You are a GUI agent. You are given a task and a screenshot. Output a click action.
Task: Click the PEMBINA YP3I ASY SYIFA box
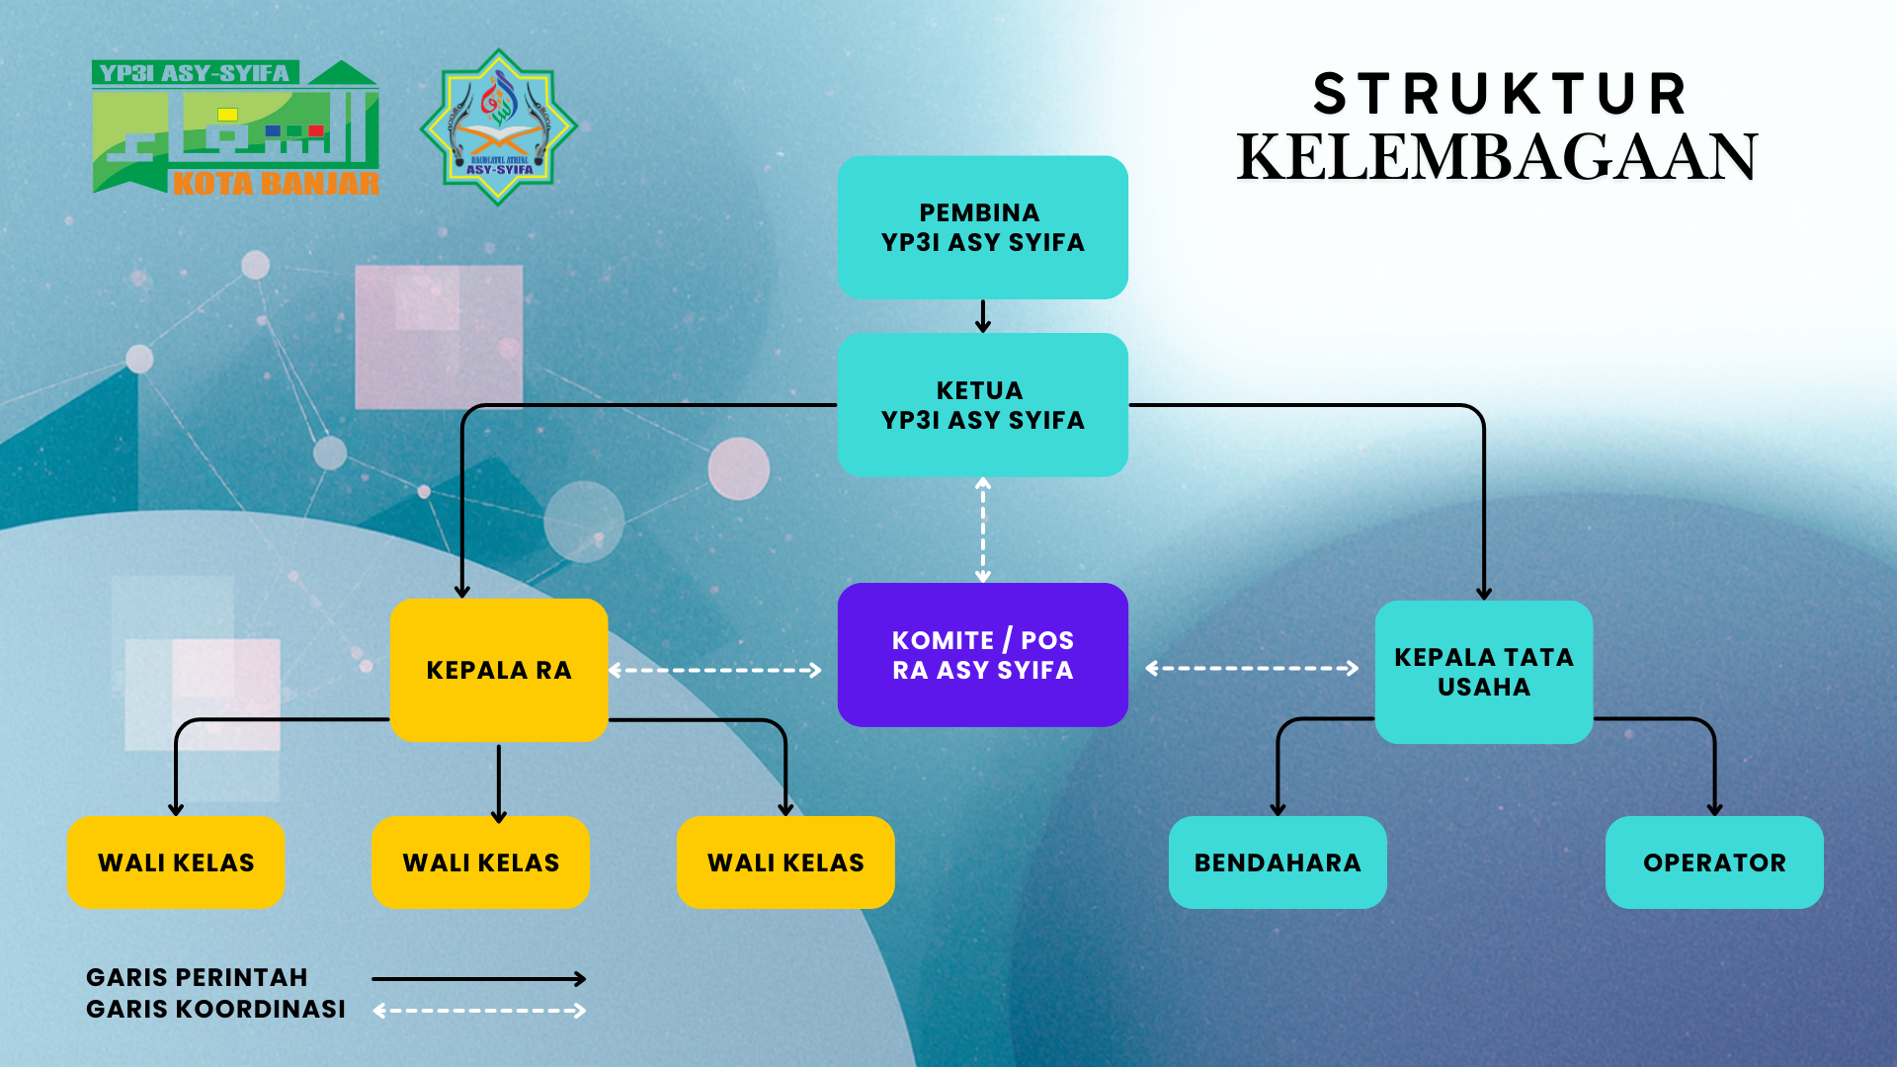(982, 227)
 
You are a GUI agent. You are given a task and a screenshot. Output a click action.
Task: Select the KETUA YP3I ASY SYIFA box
(982, 405)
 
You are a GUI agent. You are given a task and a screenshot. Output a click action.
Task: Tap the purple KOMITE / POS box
(982, 655)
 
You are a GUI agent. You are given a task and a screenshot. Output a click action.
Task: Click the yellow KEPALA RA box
(499, 670)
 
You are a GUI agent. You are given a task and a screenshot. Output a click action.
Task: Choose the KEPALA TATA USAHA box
(1483, 672)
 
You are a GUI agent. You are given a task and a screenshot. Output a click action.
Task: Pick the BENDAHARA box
(1278, 862)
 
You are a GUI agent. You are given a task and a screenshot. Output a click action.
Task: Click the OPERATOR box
(1714, 862)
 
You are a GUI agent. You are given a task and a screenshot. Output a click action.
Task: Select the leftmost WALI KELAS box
(176, 862)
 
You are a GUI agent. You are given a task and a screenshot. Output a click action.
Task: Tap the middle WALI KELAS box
(480, 862)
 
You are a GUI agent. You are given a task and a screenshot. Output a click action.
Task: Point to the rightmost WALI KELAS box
(785, 862)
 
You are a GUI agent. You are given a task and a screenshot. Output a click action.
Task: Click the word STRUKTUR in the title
(1500, 95)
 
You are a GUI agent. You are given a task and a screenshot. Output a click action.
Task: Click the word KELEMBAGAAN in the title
(1497, 157)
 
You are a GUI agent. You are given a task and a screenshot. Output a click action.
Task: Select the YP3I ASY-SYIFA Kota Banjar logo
(235, 127)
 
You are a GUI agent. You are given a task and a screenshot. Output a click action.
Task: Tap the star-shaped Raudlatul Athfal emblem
(498, 127)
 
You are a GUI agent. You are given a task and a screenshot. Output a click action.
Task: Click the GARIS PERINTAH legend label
(197, 977)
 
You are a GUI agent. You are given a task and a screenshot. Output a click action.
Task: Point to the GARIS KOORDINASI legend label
(215, 1009)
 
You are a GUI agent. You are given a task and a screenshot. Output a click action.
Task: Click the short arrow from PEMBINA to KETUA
(982, 316)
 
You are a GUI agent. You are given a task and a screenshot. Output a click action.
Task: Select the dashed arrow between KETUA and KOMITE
(982, 530)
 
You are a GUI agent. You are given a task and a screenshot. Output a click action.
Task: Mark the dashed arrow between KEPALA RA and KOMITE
(715, 670)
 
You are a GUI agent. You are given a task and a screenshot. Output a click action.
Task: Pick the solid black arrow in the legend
(479, 979)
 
